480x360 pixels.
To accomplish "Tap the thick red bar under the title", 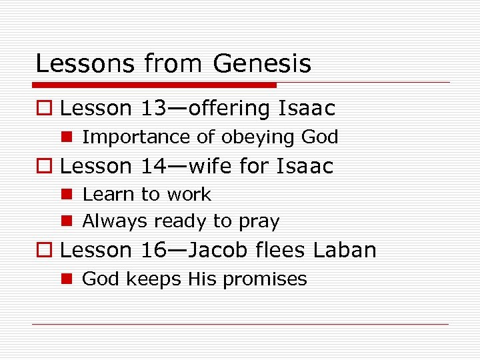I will click(154, 85).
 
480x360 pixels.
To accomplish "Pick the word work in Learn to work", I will click(189, 195).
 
